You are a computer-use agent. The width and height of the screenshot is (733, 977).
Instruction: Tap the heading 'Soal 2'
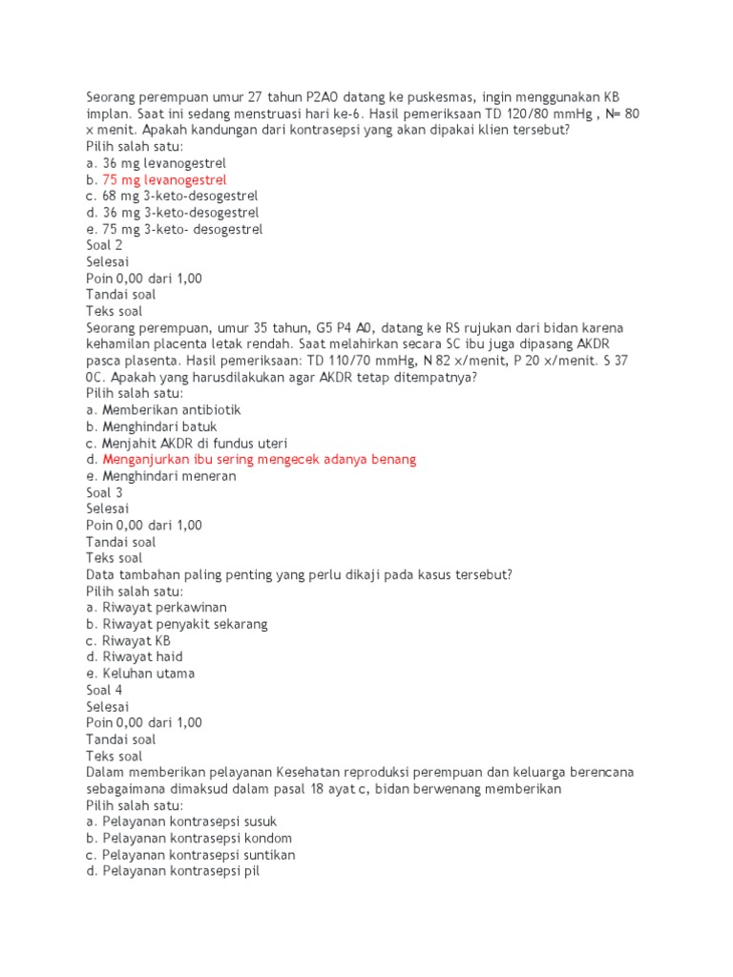[x=104, y=245]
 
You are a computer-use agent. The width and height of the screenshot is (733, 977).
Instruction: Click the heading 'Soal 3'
[x=104, y=492]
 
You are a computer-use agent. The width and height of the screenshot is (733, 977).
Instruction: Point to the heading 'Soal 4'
[x=104, y=690]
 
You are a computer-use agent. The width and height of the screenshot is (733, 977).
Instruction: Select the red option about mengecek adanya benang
[x=259, y=460]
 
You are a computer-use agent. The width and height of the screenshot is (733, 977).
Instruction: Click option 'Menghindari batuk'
[x=158, y=426]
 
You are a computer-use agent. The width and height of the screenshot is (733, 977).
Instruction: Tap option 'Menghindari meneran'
[x=168, y=476]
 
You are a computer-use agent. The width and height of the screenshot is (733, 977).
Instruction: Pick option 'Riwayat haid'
[x=142, y=656]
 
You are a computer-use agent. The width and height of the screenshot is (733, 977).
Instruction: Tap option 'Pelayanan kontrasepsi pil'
[x=180, y=871]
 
